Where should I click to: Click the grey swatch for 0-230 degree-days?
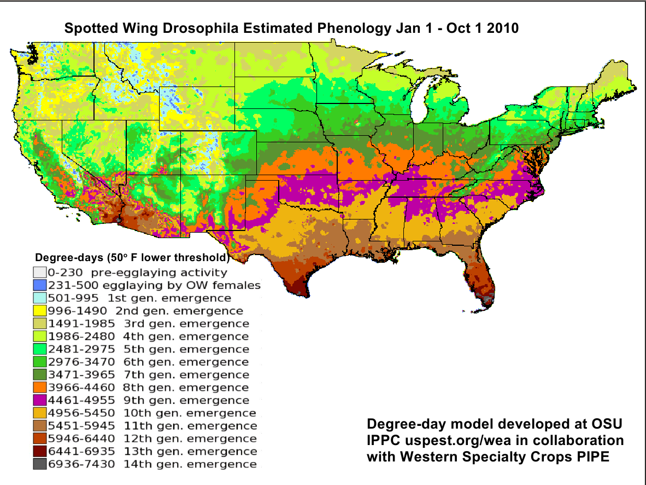[x=39, y=272]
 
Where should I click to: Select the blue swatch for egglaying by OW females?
[x=39, y=285]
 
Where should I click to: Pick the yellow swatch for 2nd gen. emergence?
[x=39, y=310]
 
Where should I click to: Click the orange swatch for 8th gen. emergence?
[x=39, y=388]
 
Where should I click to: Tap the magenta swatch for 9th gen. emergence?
[x=39, y=400]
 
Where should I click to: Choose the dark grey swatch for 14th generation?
[x=39, y=464]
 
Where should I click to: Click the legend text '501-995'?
[x=74, y=298]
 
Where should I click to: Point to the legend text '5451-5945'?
[x=81, y=426]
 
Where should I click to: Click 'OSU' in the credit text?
[x=608, y=425]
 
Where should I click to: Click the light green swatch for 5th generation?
[x=39, y=349]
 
